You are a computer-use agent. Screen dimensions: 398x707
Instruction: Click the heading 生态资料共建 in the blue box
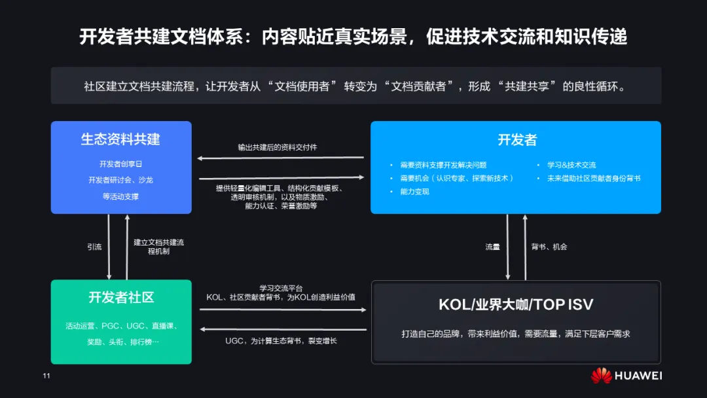pos(120,139)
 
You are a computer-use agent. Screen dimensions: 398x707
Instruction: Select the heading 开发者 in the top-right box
pos(517,139)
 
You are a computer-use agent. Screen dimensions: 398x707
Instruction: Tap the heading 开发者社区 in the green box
pos(121,298)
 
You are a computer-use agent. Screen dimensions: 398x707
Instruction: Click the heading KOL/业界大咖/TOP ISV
pos(516,304)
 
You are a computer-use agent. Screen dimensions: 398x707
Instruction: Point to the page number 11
pos(46,376)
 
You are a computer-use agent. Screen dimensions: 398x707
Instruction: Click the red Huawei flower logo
pos(601,376)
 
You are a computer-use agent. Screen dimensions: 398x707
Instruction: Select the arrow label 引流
pos(94,247)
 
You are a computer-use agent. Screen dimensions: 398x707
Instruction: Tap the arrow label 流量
pos(492,247)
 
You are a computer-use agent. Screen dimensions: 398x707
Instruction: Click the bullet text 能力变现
pos(414,192)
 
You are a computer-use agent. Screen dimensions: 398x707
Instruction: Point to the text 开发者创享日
pos(120,164)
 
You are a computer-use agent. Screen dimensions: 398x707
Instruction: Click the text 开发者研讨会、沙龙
pos(120,180)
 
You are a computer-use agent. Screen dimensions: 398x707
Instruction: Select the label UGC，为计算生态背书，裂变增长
pos(281,341)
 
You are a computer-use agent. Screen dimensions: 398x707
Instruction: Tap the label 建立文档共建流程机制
pos(158,246)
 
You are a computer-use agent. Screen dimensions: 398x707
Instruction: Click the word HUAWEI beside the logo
pos(638,376)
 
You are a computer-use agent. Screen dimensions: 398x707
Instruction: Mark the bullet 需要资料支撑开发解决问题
pos(443,165)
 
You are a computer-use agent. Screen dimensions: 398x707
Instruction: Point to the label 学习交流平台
pos(281,288)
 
